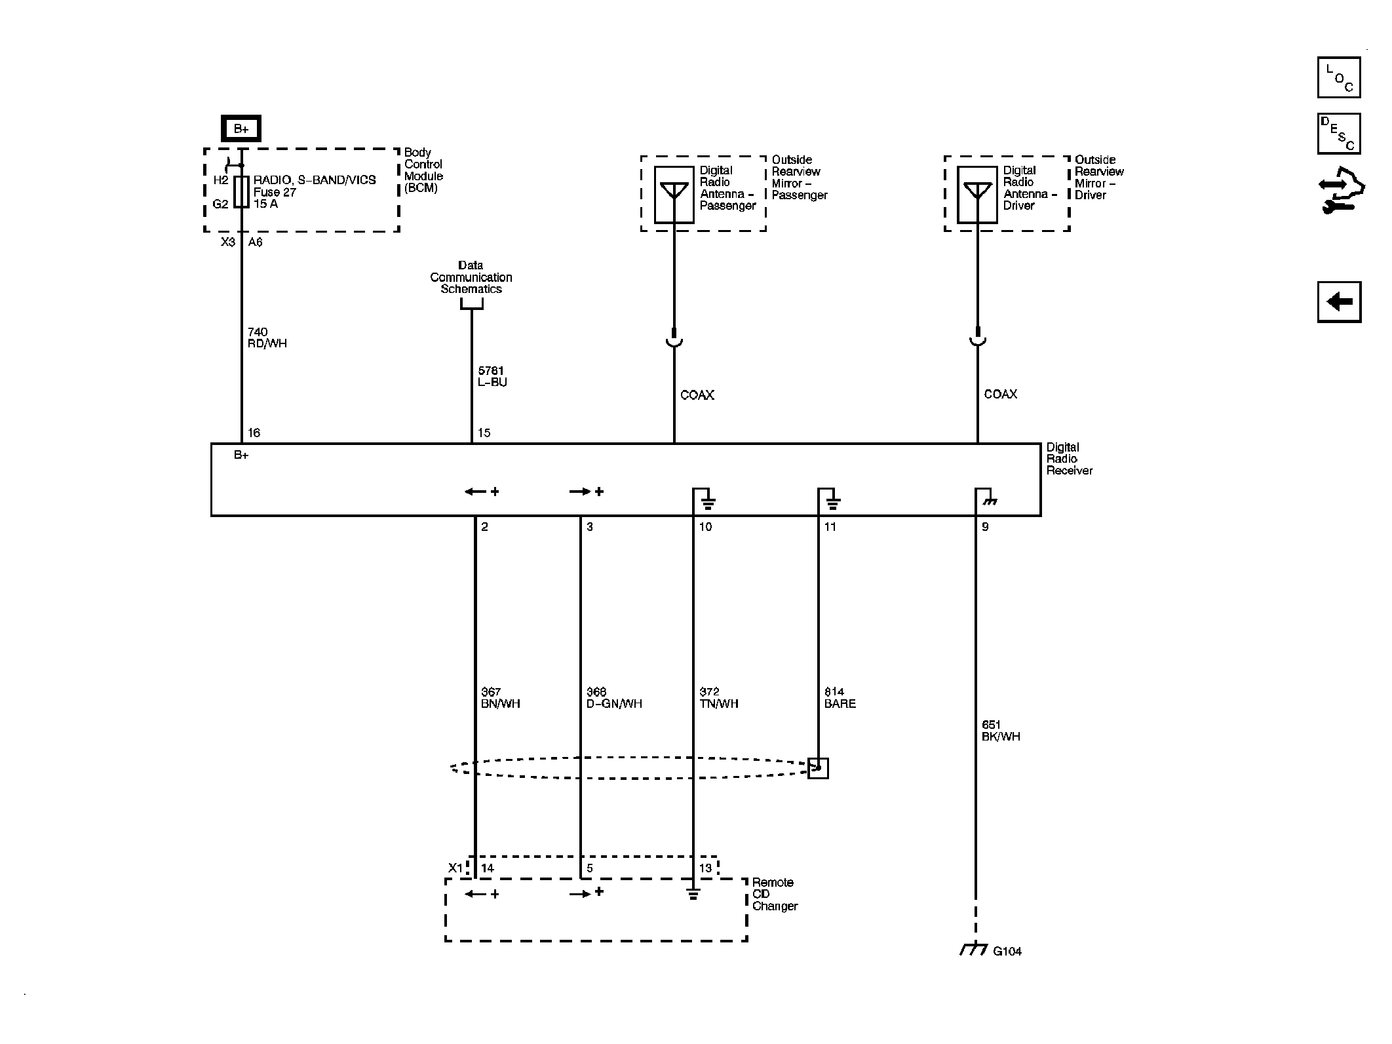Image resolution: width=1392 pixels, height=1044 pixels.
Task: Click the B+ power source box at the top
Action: click(241, 128)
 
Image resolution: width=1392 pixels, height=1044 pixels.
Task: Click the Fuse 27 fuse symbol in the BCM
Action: click(241, 191)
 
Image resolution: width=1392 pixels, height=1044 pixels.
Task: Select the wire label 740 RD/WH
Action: click(267, 338)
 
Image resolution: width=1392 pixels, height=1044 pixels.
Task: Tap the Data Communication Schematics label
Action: click(471, 277)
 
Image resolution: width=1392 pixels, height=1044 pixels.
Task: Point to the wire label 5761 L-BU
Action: click(492, 376)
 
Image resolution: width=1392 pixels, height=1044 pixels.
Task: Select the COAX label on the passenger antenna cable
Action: click(697, 395)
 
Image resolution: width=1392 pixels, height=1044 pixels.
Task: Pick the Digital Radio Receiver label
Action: click(1069, 459)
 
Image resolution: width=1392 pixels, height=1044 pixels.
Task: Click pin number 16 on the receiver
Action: click(254, 433)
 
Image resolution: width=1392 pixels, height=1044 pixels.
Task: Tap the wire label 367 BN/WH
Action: click(500, 698)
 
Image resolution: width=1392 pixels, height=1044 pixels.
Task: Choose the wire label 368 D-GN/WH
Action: click(614, 698)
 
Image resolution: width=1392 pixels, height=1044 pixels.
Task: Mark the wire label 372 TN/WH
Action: click(719, 698)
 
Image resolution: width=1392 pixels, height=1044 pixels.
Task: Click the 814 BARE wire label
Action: click(840, 698)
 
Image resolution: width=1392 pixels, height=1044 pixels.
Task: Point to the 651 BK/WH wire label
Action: click(1001, 731)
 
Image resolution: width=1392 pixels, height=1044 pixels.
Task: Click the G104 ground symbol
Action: click(974, 950)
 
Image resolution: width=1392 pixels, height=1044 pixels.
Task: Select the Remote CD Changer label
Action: click(774, 894)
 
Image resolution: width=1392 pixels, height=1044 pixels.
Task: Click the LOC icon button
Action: click(1338, 77)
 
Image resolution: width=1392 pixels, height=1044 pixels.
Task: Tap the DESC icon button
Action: click(1338, 134)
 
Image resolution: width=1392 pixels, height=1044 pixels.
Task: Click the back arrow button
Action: click(1338, 302)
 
